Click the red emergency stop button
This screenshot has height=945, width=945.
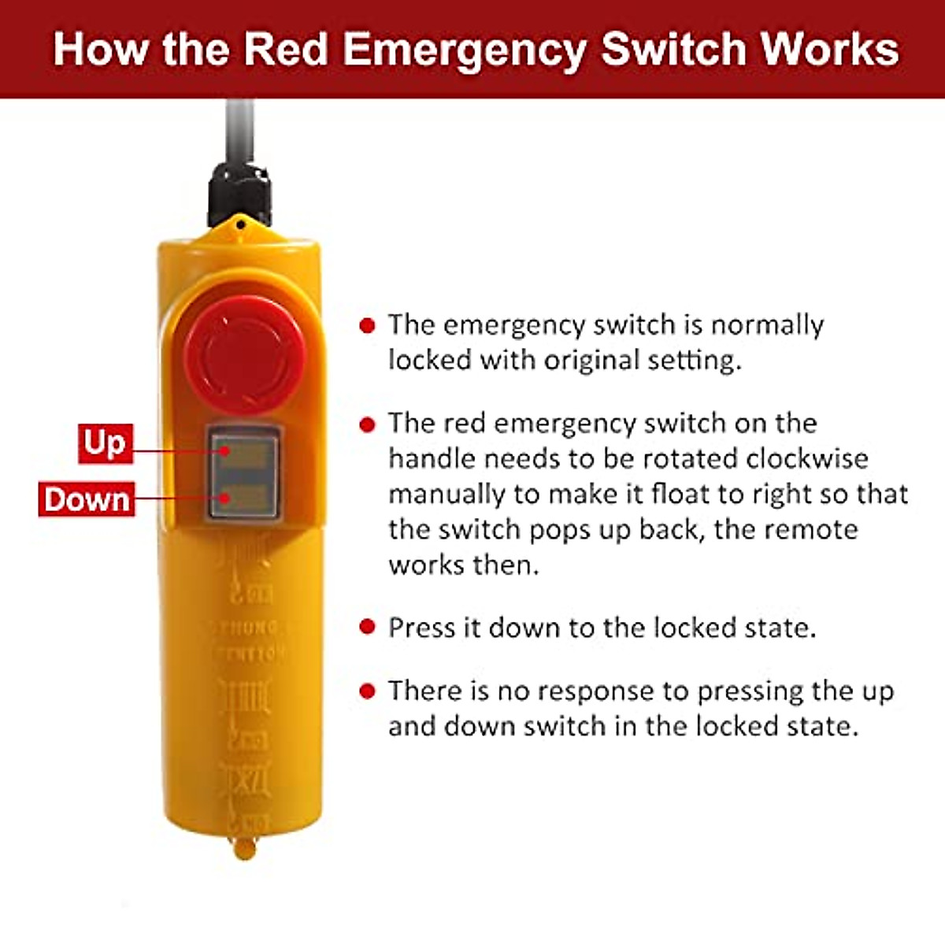(245, 355)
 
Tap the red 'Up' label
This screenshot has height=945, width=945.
(105, 443)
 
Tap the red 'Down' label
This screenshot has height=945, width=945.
(87, 499)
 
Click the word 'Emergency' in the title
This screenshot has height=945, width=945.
(465, 49)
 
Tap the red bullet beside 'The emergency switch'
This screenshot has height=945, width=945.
(367, 325)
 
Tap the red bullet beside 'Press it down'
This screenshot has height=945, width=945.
(367, 628)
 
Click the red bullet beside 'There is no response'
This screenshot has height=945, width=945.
(367, 691)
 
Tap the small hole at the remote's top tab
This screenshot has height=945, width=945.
(239, 226)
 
